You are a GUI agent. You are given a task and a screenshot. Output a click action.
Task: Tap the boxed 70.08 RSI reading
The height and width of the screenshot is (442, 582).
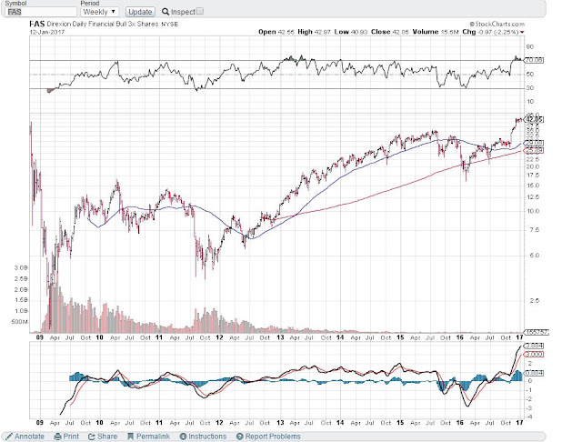coord(537,59)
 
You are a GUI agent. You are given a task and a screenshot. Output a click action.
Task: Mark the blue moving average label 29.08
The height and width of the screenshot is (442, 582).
coord(537,143)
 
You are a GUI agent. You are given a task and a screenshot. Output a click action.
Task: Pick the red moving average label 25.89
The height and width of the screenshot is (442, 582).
coord(537,150)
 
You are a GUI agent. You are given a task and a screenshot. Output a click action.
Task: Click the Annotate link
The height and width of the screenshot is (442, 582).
coord(25,437)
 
